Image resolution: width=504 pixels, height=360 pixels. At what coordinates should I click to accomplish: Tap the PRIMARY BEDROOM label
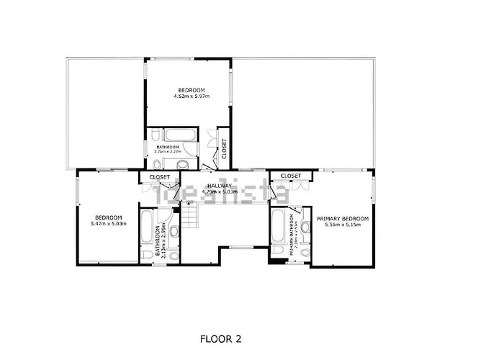point(342,218)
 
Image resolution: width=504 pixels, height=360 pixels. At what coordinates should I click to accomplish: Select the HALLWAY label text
point(220,186)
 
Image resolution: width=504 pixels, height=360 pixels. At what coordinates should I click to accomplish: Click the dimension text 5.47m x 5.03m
point(108,224)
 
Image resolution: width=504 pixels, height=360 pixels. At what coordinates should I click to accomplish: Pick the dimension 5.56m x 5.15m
point(342,225)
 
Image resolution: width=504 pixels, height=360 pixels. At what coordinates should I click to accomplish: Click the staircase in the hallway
point(190,214)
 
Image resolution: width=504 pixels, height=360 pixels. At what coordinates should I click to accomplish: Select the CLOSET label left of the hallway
point(159,176)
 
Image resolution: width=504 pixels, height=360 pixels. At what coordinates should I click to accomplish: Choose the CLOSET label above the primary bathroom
point(291,176)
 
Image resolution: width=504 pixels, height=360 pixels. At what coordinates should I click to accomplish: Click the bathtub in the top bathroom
point(176,135)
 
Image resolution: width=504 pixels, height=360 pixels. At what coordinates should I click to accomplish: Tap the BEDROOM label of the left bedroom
point(108,217)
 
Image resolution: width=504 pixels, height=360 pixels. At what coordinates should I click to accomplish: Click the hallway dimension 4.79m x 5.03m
point(220,192)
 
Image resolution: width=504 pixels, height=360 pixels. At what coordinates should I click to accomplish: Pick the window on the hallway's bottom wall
point(240,248)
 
